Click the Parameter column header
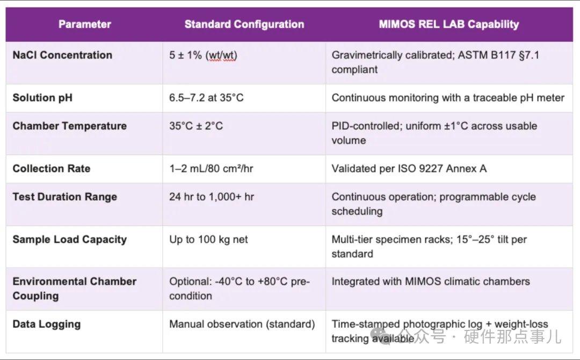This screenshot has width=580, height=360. [85, 24]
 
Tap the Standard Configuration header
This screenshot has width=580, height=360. [244, 24]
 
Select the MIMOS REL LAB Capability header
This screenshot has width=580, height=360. [448, 24]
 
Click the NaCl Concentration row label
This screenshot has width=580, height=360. [62, 55]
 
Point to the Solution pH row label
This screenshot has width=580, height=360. [42, 98]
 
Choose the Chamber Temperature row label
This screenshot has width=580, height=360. [69, 126]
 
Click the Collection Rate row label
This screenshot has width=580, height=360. [52, 169]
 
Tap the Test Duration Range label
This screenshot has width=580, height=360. [65, 197]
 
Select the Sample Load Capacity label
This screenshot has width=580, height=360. [69, 240]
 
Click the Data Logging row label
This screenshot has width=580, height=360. [47, 325]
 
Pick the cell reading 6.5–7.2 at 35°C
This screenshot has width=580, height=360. [206, 98]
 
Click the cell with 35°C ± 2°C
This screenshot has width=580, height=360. [196, 126]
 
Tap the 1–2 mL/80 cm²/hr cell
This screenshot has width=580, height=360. [211, 169]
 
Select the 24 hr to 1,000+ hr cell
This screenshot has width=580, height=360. [212, 197]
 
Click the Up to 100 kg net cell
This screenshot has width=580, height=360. [208, 240]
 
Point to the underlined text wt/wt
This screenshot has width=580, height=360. [222, 55]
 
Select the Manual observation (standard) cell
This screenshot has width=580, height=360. [242, 324]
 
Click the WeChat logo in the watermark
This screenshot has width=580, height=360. [380, 336]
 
